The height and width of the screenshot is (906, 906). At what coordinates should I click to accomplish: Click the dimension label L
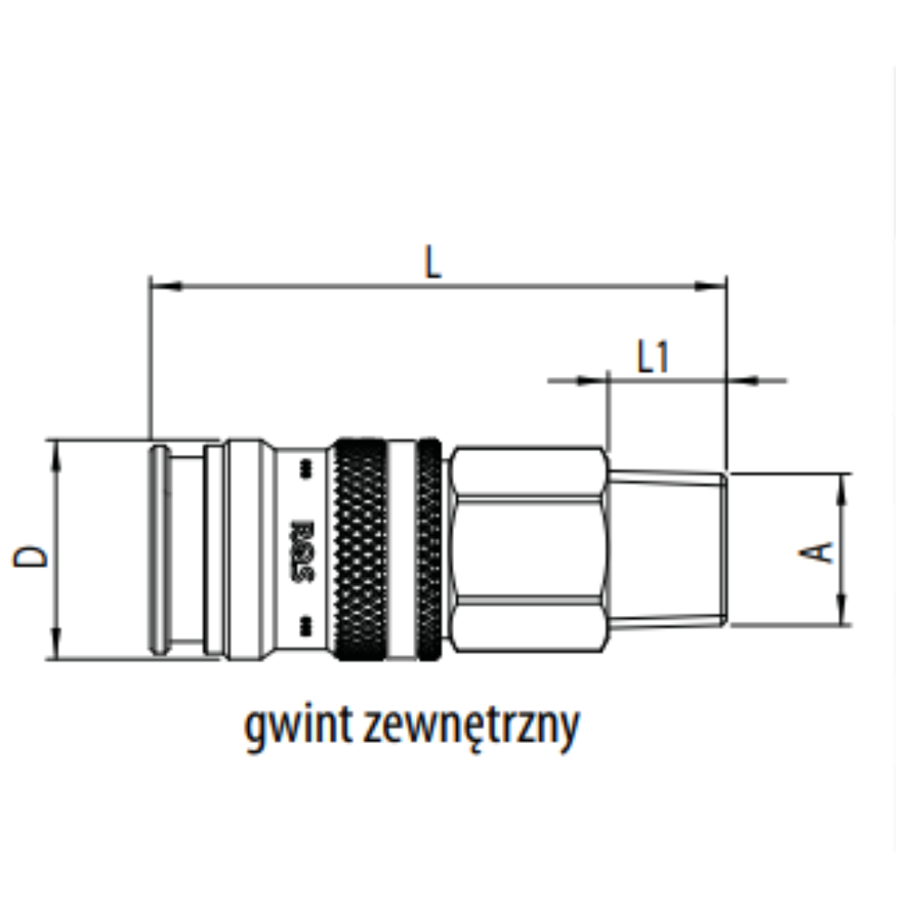click(x=434, y=262)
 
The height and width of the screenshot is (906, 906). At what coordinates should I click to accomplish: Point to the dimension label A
click(x=820, y=550)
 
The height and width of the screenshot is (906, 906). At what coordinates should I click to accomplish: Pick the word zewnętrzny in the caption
click(x=470, y=727)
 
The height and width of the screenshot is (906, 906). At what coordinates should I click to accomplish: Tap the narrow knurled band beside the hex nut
click(x=429, y=549)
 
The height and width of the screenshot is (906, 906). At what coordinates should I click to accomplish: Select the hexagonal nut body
click(x=527, y=549)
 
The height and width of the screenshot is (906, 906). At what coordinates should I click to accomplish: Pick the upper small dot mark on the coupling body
click(x=304, y=468)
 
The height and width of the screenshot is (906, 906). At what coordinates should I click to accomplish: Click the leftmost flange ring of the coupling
click(x=159, y=549)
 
